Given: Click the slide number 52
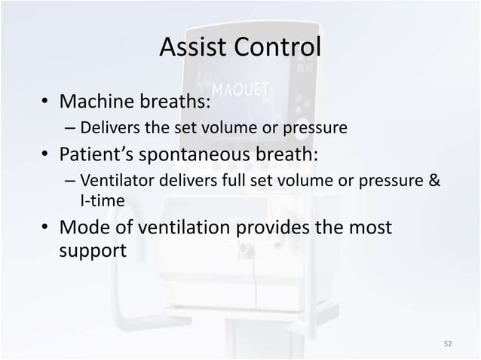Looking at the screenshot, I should (x=448, y=343).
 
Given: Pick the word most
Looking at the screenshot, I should (x=369, y=227).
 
